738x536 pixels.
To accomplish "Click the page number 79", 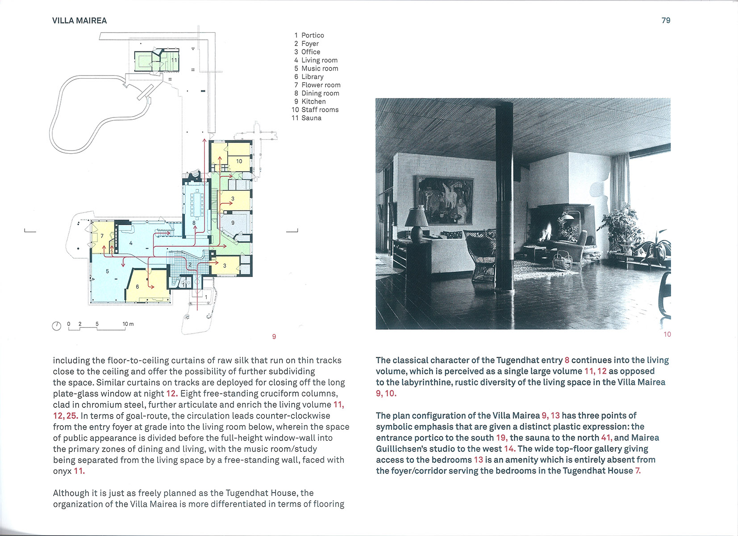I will pos(666,21).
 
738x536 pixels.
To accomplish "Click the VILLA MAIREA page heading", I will pos(79,21).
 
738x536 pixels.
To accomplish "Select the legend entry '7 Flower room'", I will pos(317,85).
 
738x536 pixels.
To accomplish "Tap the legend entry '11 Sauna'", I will pos(307,118).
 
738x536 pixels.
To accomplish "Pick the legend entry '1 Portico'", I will pos(309,35).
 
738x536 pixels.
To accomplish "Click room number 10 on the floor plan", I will pos(239,161).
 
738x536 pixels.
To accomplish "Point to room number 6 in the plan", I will pos(138,287).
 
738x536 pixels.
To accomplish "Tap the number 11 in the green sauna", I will pos(174,60).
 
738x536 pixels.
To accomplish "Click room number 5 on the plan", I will pos(108,271).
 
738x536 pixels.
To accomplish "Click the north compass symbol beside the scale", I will pos(57,326).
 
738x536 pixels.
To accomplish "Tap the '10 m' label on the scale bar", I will pos(128,324).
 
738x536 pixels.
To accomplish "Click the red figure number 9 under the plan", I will pos(274,336).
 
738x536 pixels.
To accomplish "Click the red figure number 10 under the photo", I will pos(667,334).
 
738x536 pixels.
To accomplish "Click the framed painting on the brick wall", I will pos(445,200).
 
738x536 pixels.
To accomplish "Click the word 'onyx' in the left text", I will pos(62,471).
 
